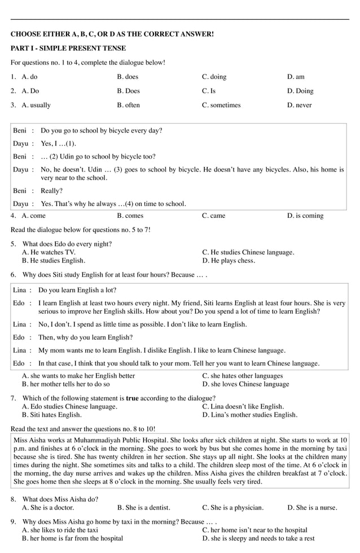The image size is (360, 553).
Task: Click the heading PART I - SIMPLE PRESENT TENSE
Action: [x=68, y=49]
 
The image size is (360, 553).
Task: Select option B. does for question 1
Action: [x=128, y=77]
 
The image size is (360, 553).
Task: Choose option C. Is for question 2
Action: [x=209, y=91]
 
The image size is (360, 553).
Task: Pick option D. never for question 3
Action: [x=299, y=105]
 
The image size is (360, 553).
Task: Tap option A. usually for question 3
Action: [x=36, y=105]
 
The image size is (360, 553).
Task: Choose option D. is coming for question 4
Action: [x=305, y=216]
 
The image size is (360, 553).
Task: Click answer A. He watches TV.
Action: [x=49, y=252]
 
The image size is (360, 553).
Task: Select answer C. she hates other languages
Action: [x=243, y=376]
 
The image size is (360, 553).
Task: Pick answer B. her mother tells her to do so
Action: [x=66, y=384]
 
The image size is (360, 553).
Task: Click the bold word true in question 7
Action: [x=132, y=398]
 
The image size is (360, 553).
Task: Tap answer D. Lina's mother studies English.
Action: [x=250, y=415]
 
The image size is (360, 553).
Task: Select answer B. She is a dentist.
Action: [x=143, y=507]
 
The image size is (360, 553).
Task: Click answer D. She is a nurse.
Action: [x=312, y=507]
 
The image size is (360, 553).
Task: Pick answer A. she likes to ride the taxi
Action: [x=60, y=530]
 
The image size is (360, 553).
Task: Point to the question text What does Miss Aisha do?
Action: [x=61, y=499]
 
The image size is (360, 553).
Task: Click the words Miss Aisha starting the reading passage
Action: [x=30, y=440]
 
